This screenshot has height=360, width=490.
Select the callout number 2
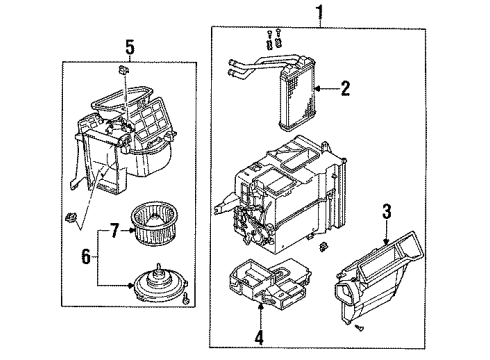pyautogui.click(x=344, y=90)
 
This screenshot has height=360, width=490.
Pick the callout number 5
pyautogui.click(x=128, y=46)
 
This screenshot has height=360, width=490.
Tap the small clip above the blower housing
pyautogui.click(x=122, y=72)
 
